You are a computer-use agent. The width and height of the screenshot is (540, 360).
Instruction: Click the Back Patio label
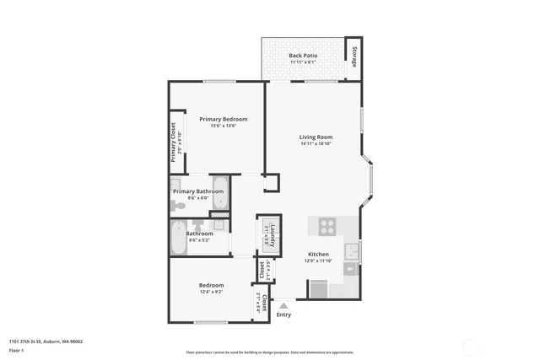302,55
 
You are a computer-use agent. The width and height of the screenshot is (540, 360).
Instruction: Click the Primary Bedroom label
224,119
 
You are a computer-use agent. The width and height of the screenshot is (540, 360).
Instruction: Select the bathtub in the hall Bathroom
179,238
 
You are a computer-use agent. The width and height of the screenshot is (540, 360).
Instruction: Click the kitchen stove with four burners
327,226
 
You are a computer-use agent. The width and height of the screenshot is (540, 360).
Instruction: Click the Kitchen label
318,254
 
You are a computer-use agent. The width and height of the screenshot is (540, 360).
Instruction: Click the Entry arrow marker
283,305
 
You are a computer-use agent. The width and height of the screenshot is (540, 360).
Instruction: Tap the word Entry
283,315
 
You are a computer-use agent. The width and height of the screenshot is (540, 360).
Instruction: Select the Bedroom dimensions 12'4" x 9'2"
211,293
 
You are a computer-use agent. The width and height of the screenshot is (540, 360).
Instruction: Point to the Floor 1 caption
17,350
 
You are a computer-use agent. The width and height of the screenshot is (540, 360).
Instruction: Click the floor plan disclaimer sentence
269,352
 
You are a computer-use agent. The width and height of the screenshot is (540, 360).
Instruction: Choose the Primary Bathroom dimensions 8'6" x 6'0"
199,198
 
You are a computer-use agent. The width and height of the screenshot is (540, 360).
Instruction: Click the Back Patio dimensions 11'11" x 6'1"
302,62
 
